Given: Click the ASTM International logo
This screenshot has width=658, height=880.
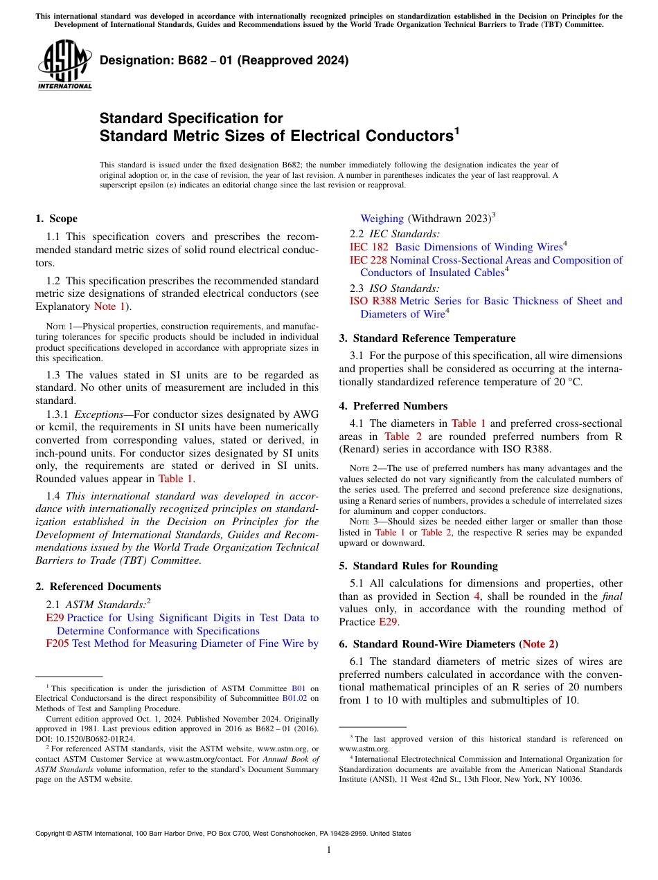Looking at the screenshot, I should (64, 66).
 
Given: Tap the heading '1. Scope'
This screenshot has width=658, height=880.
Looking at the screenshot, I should (56, 219).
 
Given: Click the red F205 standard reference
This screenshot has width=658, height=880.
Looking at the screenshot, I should (57, 643).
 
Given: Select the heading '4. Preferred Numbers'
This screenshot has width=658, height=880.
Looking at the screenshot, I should (393, 406).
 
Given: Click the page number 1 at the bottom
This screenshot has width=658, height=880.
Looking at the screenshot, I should (329, 850).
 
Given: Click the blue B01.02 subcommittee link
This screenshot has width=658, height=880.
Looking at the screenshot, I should (294, 698).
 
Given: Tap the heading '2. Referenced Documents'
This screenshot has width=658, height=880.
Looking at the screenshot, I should (98, 587).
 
